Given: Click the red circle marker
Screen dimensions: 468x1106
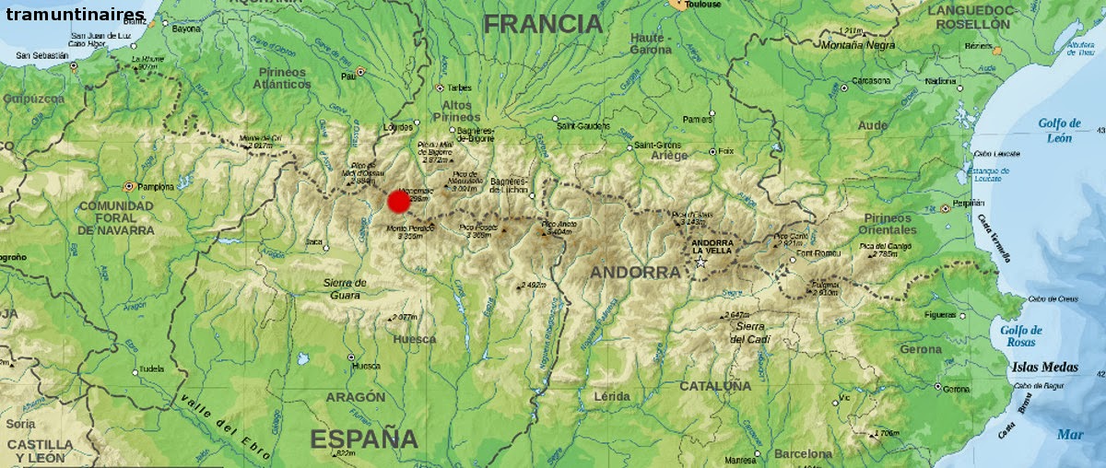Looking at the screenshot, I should pos(399,202).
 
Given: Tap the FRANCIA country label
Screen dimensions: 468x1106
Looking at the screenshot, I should pos(543,24).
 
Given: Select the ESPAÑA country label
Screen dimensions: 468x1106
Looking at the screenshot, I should pos(364,439).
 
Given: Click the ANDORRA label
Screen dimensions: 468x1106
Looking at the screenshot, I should pos(635,273).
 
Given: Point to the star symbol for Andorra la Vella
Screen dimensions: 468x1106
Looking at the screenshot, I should pos(700,263).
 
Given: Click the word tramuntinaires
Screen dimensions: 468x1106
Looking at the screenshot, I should pos(75,14).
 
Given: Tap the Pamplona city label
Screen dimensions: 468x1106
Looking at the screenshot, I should pos(156,186).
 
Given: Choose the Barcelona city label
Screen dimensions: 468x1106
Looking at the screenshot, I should pos(803,453).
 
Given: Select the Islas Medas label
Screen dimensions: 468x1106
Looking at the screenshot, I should pos(1044,367).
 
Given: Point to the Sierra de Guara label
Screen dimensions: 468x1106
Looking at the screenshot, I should pos(347,288).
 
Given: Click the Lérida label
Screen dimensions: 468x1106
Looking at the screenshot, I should pos(612,396).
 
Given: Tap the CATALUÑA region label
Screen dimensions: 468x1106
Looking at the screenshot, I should pos(715,386).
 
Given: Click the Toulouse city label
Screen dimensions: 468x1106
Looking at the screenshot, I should pos(703,5).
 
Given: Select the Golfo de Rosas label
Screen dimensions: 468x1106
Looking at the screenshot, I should pos(1021,336).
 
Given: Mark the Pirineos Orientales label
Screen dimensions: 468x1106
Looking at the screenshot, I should pos(888,223).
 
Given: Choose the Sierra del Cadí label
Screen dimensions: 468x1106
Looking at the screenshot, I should pos(749,332).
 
